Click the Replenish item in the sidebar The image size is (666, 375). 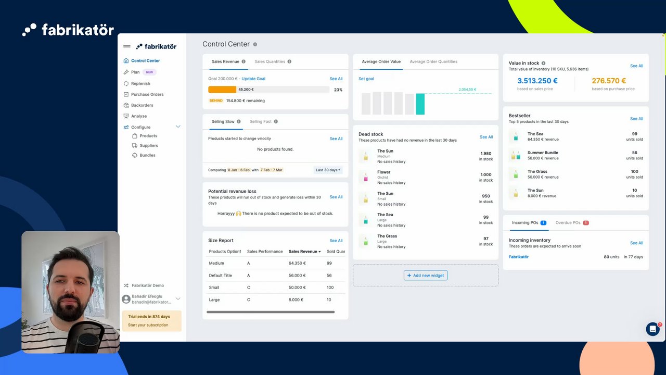[140, 83]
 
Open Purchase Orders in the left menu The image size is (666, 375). [147, 94]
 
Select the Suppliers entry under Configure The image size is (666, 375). [149, 145]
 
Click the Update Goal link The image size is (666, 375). [253, 79]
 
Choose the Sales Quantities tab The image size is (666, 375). [270, 61]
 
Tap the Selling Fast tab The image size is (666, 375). [261, 121]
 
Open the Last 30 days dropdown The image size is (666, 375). [328, 170]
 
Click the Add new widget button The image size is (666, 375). [426, 276]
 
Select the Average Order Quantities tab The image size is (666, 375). [433, 61]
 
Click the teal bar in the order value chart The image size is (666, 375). [420, 104]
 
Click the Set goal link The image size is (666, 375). [366, 79]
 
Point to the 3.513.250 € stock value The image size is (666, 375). [537, 81]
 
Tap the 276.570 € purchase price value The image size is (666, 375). [609, 81]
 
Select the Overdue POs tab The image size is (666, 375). [568, 222]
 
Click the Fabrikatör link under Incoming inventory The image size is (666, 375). [519, 257]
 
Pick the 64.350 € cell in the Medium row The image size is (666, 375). [297, 264]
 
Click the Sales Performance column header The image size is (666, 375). [265, 252]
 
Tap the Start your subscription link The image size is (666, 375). [148, 325]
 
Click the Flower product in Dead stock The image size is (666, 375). [384, 172]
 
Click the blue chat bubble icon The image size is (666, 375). [652, 329]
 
